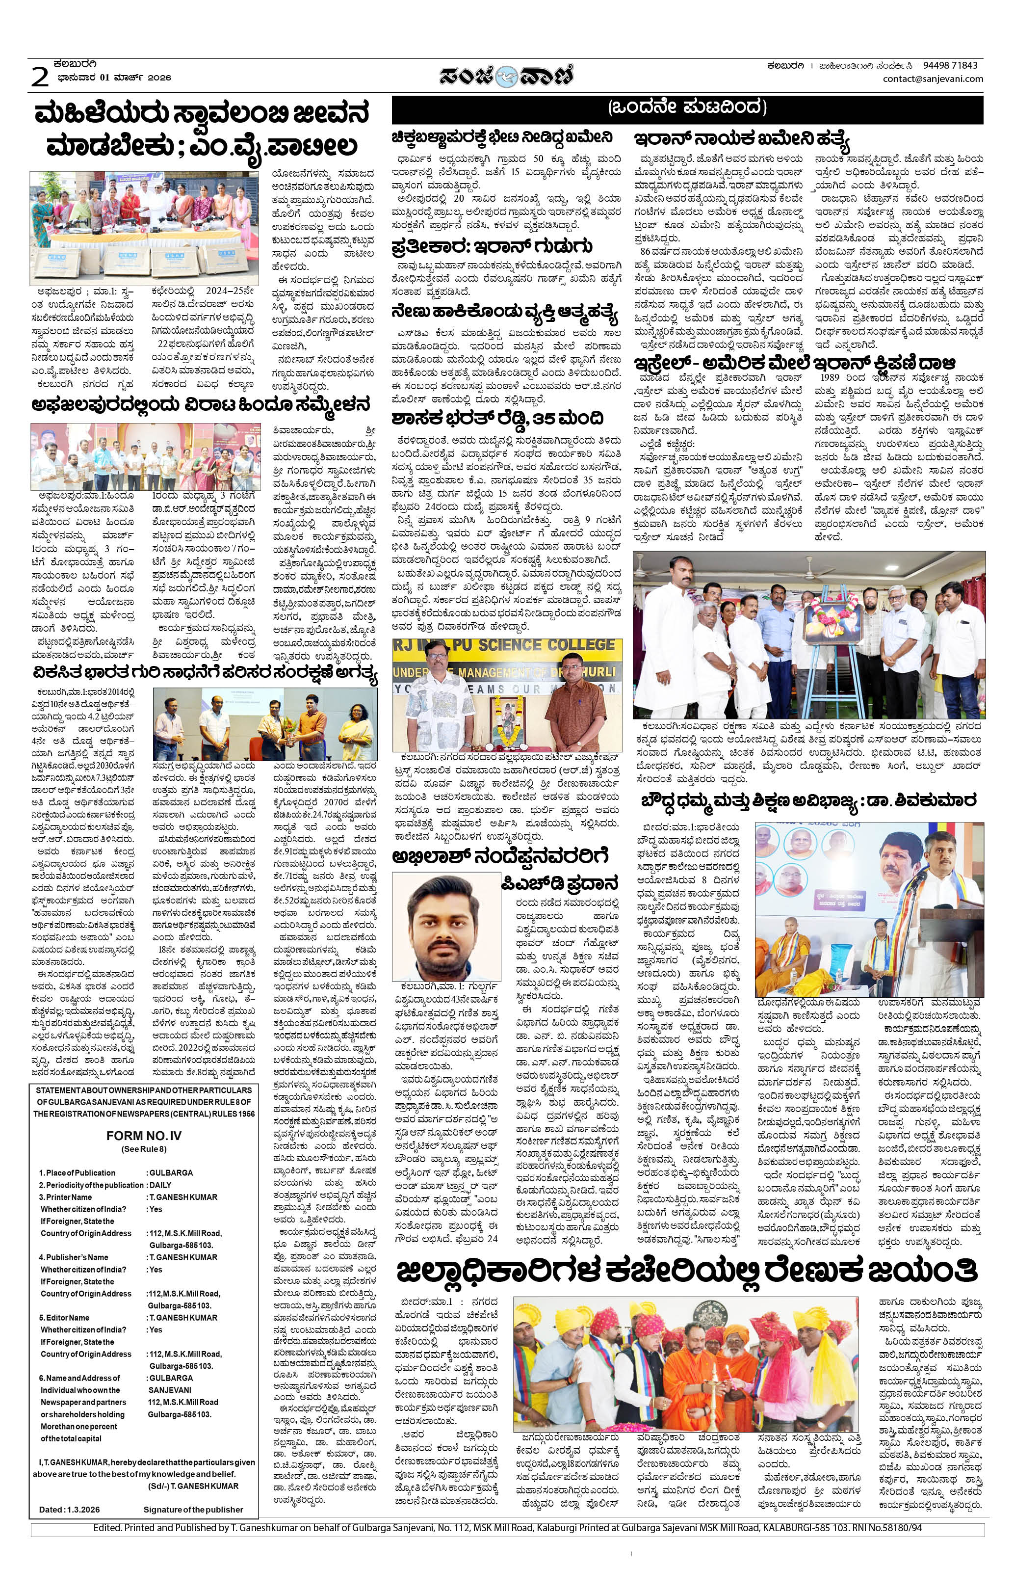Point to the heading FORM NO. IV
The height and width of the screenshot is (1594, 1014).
[x=144, y=1135]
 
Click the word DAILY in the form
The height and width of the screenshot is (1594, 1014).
[x=161, y=1184]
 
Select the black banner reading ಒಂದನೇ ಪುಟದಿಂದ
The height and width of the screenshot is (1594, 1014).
[x=687, y=108]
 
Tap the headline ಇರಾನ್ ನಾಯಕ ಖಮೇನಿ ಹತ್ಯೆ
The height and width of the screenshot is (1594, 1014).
[x=741, y=140]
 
